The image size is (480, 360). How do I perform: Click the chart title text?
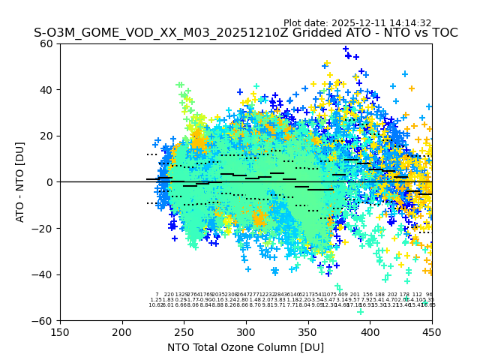[x=245, y=33]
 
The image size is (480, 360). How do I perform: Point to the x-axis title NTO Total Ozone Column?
[x=245, y=347]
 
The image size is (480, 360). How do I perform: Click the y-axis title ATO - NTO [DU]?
[x=20, y=182]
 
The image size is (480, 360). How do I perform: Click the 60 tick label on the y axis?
[x=47, y=43]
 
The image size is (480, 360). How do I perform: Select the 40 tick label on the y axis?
[x=47, y=90]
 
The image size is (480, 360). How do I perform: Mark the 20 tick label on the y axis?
[x=47, y=136]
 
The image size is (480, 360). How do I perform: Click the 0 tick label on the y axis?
[x=50, y=182]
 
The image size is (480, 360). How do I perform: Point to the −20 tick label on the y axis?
[x=44, y=228]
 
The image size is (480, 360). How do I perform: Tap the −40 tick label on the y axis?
[x=44, y=274]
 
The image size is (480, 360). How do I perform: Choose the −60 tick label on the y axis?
[x=44, y=320]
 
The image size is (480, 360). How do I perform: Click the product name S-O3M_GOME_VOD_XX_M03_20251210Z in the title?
[x=139, y=33]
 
